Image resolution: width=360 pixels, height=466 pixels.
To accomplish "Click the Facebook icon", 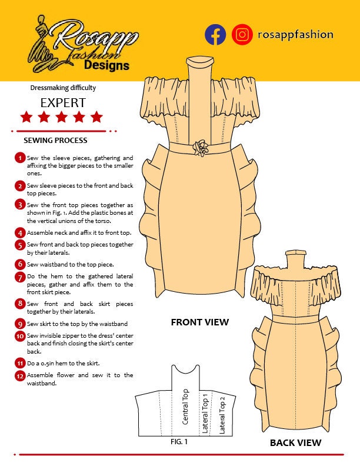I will pos(215,35).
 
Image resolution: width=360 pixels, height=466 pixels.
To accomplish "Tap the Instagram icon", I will pos(242,35).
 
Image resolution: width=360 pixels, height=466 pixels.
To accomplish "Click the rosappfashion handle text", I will pos(295,35).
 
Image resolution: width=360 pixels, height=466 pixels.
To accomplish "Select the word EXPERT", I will pos(63,103).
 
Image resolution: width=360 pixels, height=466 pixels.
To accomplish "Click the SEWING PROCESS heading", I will pos(55,141).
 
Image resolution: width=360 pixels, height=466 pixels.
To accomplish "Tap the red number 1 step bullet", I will pos(20,158).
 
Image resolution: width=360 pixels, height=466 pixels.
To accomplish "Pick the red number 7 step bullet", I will pos(20,277).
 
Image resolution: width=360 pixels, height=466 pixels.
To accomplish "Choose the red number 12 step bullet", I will pos(20,375).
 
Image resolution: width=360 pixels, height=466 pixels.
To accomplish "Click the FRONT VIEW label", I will pos(200,322).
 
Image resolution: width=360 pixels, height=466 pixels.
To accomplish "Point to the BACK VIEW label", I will pos(295,442).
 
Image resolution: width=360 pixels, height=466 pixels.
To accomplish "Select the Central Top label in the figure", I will pos(185,407).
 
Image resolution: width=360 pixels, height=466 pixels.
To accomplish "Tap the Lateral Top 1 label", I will pos(205,412).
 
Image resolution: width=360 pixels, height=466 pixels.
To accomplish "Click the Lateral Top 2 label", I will pos(222,414).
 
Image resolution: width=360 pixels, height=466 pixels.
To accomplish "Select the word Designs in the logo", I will pos(106,65).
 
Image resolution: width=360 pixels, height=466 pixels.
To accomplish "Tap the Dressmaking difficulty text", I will pos(63,88).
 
